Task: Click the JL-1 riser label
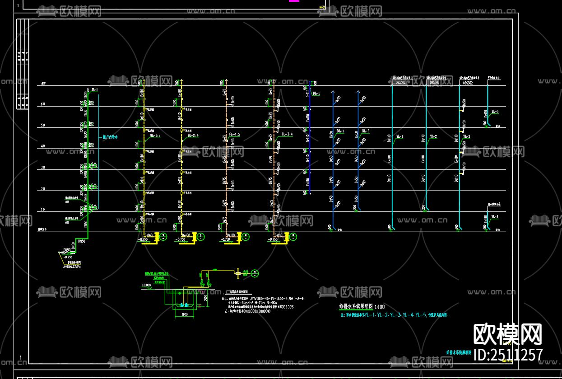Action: tap(95, 90)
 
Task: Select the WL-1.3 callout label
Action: tap(155, 135)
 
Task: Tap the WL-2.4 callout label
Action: tap(193, 135)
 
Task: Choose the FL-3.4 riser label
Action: tap(287, 135)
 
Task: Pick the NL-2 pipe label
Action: tap(365, 131)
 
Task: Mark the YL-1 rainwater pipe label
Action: tap(399, 136)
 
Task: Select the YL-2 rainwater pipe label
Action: tap(433, 136)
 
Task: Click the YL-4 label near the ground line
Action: tap(495, 217)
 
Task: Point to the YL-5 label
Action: tap(495, 112)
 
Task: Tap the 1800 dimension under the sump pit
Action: tap(184, 314)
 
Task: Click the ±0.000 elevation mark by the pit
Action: tap(146, 285)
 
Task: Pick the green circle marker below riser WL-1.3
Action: tap(163, 237)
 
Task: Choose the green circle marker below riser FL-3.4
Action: tap(293, 237)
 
